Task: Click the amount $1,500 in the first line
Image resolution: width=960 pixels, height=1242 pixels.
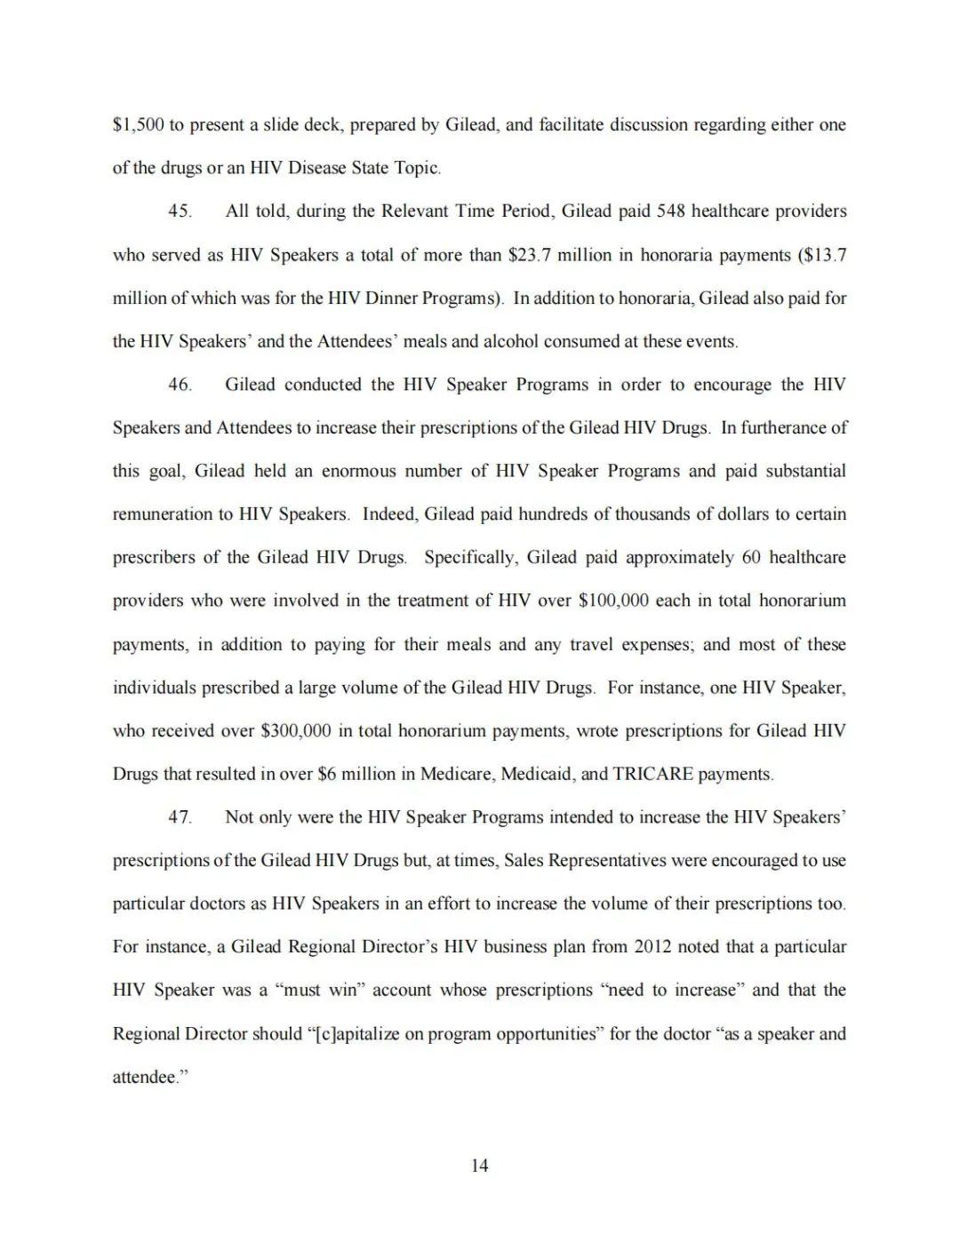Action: (x=138, y=125)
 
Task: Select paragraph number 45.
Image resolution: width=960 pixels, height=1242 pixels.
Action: (x=180, y=211)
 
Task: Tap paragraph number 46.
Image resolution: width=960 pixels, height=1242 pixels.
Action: (x=180, y=385)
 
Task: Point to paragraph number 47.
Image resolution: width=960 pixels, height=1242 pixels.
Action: (x=180, y=817)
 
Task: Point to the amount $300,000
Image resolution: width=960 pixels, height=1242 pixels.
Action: (x=295, y=731)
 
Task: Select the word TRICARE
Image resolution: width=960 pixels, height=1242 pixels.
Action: (x=652, y=774)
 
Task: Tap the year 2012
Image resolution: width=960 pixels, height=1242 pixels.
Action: (x=652, y=947)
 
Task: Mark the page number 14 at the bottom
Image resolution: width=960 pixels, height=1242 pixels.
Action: (x=479, y=1166)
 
